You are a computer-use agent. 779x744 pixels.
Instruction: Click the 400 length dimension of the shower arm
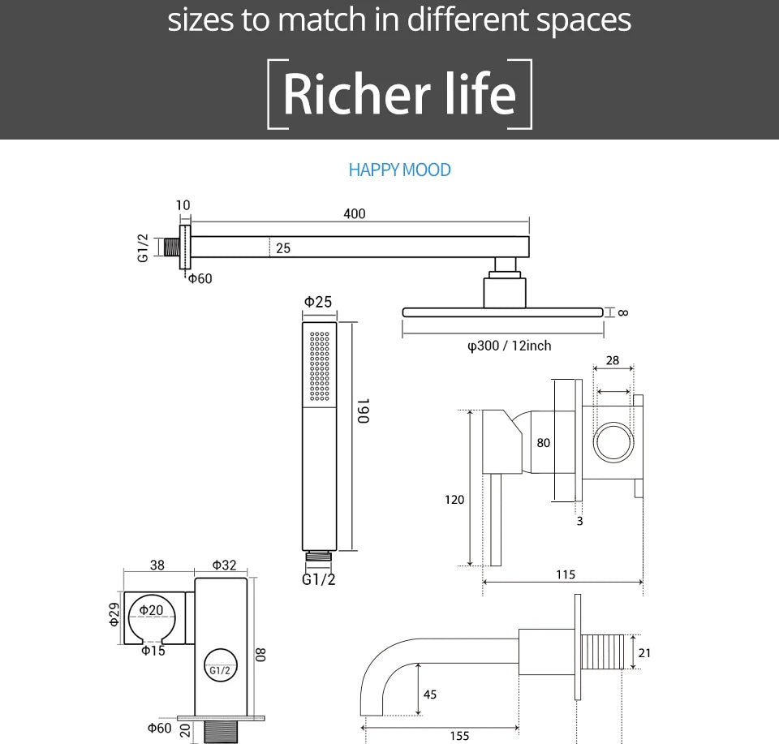(355, 213)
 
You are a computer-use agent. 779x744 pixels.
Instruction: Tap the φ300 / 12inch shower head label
(510, 346)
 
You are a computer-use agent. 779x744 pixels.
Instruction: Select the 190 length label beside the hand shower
(364, 411)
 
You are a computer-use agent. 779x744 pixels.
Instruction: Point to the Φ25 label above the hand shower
(318, 302)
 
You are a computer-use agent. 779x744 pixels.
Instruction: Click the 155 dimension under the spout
(459, 736)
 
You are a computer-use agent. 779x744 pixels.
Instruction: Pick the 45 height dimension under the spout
(430, 695)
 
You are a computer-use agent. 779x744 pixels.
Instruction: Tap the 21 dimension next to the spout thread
(644, 653)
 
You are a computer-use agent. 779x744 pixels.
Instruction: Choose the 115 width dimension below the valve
(566, 574)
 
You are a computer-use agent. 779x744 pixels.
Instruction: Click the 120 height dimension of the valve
(454, 500)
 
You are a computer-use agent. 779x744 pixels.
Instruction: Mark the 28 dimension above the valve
(613, 360)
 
